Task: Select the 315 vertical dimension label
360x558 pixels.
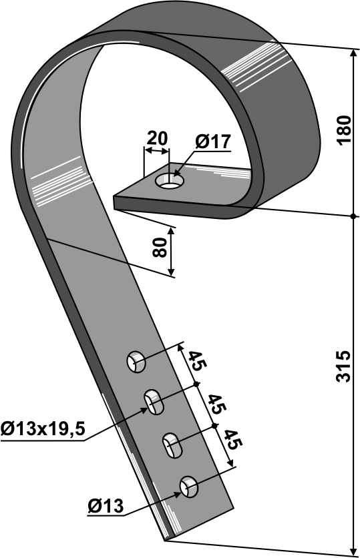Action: pyautogui.click(x=342, y=366)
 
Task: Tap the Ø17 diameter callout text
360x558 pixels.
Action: pyautogui.click(x=212, y=142)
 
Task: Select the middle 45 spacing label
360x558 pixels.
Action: pyautogui.click(x=215, y=404)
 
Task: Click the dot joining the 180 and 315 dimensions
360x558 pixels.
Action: pyautogui.click(x=352, y=216)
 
